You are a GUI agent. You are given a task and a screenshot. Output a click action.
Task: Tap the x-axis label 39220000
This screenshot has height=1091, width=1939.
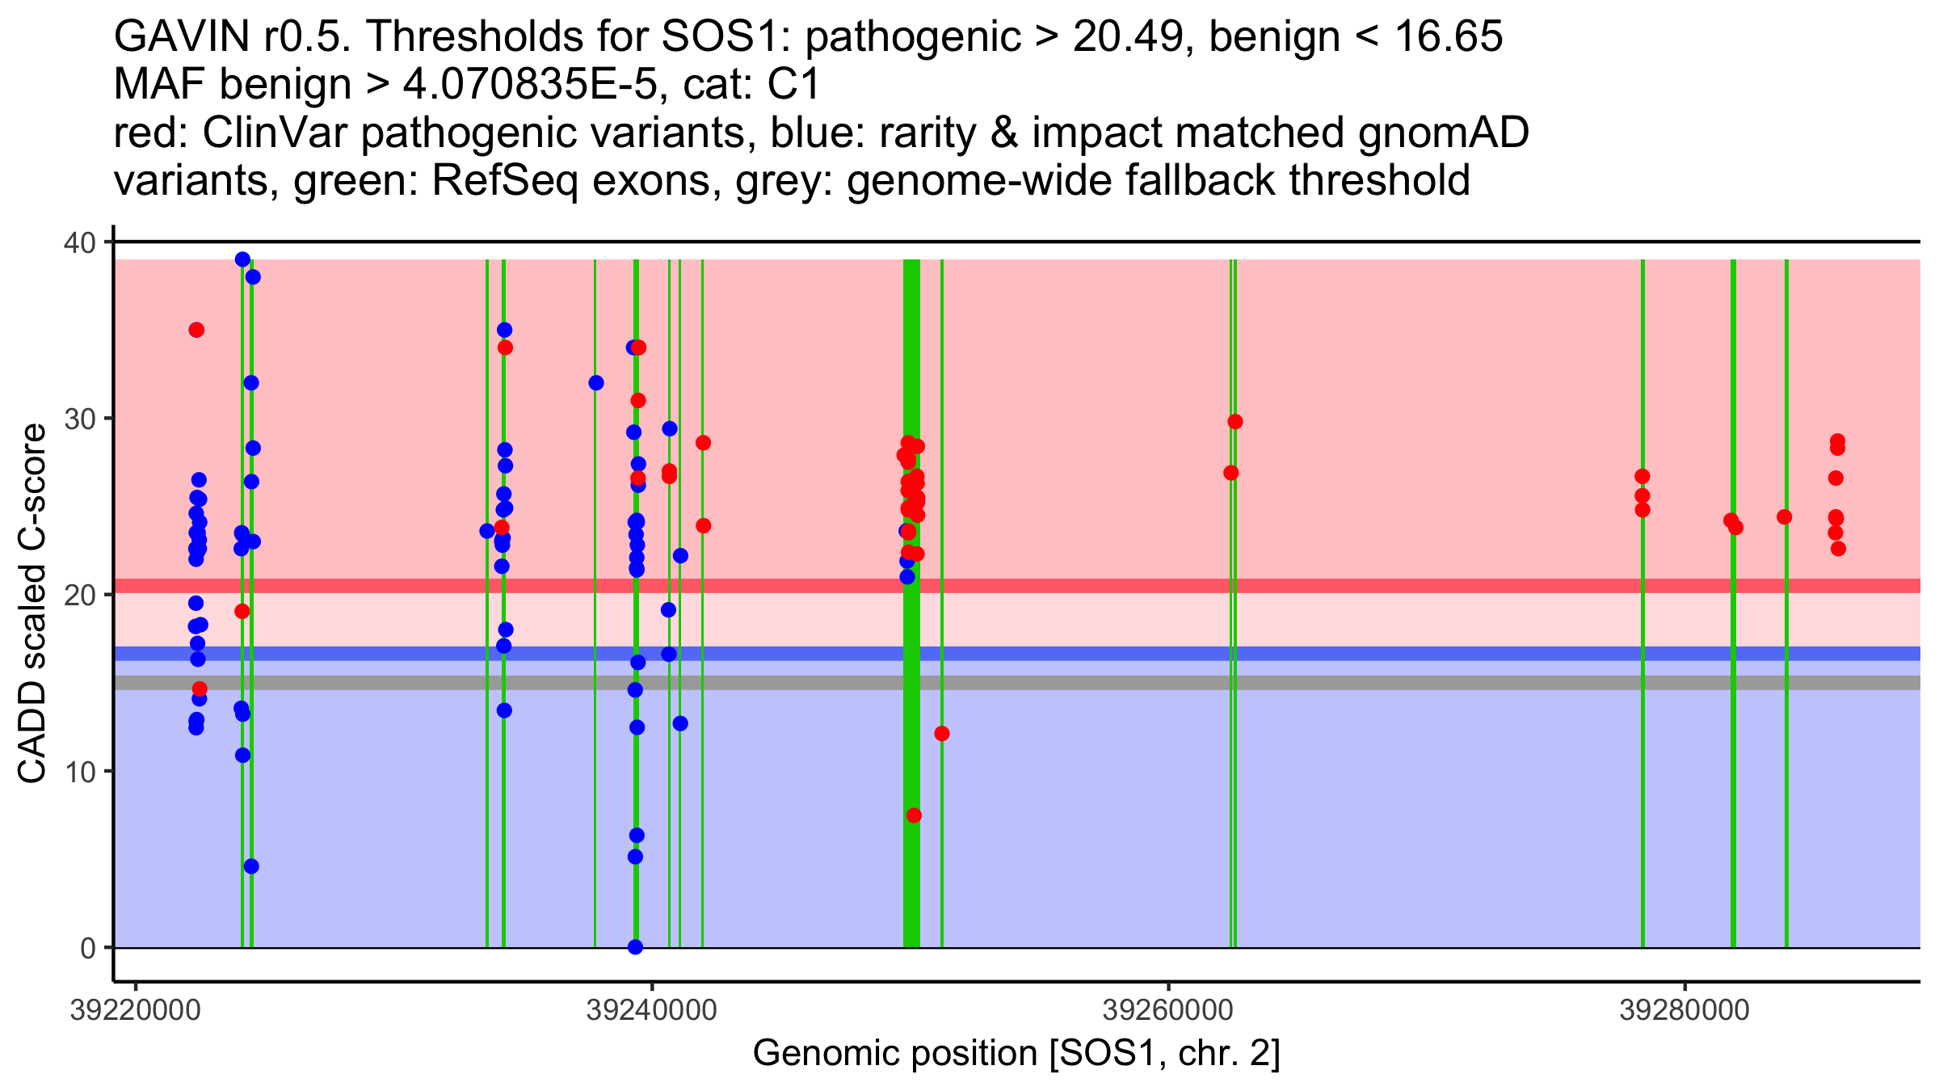pos(136,1010)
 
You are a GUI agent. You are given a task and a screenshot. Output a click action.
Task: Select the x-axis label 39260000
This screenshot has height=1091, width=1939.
pos(1168,1010)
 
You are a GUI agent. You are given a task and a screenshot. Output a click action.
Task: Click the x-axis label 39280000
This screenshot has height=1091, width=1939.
pos(1685,1010)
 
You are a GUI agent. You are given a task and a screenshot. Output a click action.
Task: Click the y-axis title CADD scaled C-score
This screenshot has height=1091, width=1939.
pos(32,604)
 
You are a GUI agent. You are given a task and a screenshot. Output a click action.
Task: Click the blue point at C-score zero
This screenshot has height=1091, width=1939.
pos(635,947)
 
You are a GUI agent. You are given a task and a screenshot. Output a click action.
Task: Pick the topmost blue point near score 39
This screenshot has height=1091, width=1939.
pos(242,259)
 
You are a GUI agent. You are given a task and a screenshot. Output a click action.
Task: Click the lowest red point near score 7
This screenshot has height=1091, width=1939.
pos(914,815)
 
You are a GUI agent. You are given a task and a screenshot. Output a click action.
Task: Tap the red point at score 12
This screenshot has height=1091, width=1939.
pos(942,734)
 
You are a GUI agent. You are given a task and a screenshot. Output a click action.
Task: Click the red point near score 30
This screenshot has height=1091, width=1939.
pos(1235,422)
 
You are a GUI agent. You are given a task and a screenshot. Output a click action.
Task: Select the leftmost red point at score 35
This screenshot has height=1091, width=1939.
pos(196,330)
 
